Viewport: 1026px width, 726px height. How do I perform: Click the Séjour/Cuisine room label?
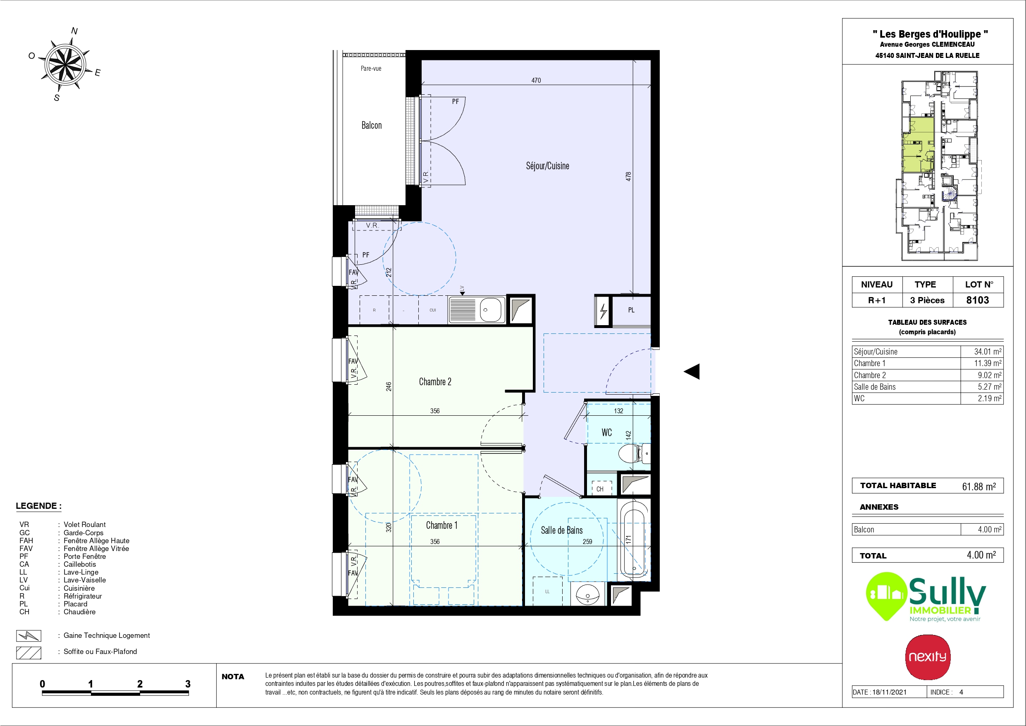(547, 166)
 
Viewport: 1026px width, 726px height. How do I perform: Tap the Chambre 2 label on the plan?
(435, 381)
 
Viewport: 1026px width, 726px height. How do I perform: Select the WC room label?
(606, 433)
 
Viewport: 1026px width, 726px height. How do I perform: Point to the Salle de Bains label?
(562, 530)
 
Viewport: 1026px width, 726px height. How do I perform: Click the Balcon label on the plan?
(371, 125)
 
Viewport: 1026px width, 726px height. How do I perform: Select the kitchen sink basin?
(490, 309)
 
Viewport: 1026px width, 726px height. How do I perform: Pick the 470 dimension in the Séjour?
(536, 81)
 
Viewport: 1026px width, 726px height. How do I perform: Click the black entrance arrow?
(692, 371)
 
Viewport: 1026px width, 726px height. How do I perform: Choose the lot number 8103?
(977, 300)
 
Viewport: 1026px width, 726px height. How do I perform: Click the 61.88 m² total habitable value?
(978, 486)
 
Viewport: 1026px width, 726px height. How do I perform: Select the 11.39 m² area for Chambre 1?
(988, 363)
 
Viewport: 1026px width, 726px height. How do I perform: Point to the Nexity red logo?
(928, 657)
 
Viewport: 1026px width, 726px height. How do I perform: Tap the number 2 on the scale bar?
(140, 683)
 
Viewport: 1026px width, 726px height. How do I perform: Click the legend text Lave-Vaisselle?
(84, 580)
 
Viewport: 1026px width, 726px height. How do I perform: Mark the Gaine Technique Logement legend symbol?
(29, 636)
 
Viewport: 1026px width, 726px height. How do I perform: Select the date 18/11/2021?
(889, 692)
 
